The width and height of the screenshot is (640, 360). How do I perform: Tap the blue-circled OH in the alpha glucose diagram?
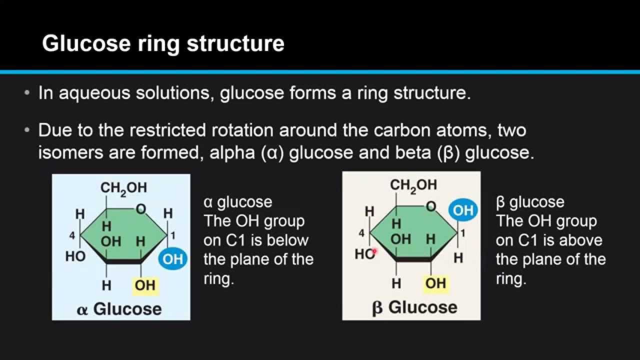[x=173, y=259]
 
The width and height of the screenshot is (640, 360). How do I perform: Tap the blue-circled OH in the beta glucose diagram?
[x=463, y=210]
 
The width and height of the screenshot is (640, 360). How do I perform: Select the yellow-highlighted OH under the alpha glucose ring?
[x=145, y=285]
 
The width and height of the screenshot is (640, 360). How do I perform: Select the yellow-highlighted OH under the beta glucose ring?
[x=435, y=283]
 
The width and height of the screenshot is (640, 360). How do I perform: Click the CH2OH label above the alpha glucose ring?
[x=124, y=188]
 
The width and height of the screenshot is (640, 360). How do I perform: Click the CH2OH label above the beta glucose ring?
[x=413, y=185]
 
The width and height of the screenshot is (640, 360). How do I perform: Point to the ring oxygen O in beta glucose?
[x=431, y=206]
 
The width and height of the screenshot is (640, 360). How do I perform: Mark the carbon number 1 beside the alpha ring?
[x=173, y=235]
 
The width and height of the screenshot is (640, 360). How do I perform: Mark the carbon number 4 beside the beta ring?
[x=361, y=233]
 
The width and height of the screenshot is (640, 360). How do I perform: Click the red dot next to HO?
[x=374, y=252]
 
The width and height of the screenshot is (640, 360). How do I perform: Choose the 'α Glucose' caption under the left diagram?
[x=119, y=309]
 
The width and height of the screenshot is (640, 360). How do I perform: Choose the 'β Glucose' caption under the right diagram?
[x=414, y=307]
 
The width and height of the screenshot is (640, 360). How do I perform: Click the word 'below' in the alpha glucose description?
[x=287, y=240]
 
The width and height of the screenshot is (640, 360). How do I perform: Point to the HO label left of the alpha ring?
[x=75, y=256]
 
